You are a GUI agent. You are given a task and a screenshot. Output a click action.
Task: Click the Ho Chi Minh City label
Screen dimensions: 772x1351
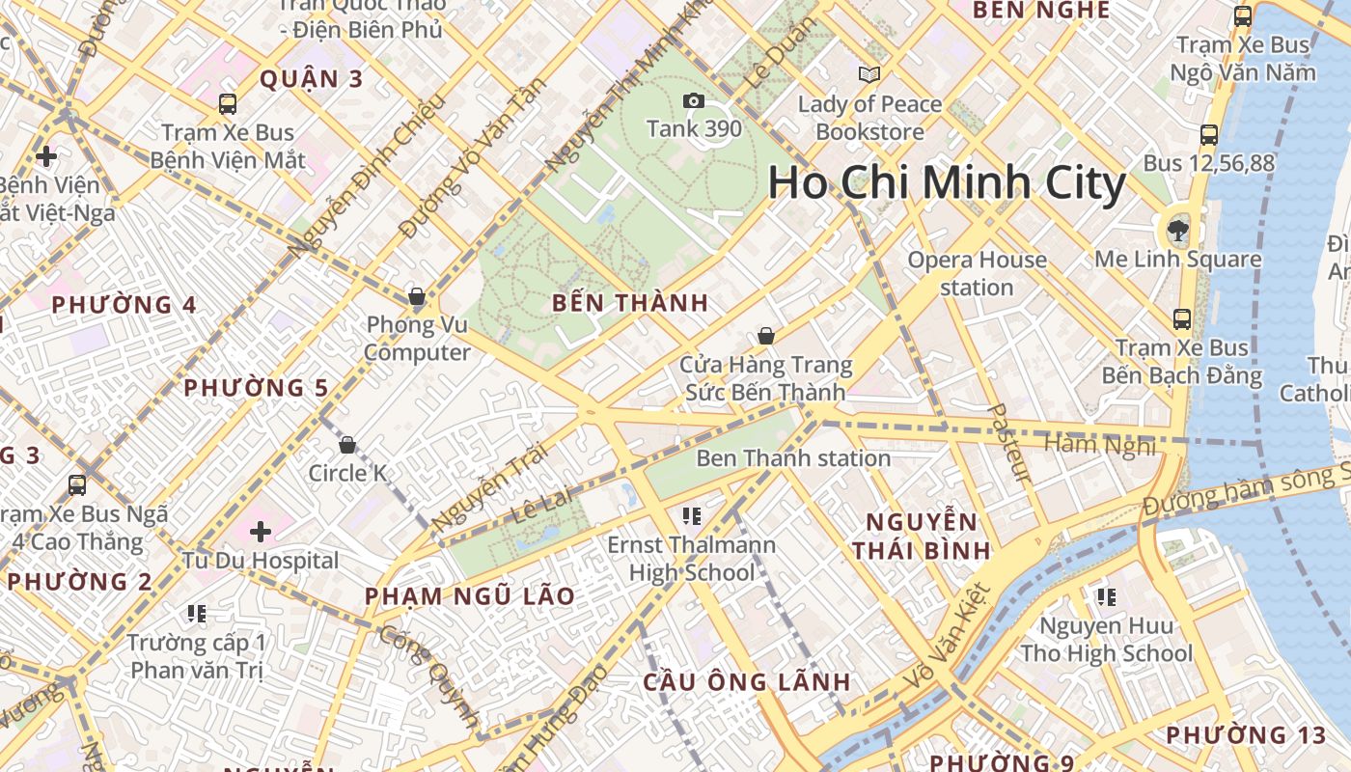(947, 183)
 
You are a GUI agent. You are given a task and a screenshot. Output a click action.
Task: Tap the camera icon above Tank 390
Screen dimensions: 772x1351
(693, 100)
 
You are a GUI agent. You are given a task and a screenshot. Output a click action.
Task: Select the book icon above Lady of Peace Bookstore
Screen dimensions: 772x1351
(869, 74)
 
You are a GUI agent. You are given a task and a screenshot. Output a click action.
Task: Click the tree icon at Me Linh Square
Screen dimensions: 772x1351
(1177, 230)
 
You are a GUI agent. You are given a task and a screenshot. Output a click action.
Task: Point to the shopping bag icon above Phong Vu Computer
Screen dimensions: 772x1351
(417, 295)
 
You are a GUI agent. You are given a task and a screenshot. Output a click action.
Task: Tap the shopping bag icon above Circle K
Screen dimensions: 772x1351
(347, 445)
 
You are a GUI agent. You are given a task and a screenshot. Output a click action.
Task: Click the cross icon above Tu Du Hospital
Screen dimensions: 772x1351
(261, 531)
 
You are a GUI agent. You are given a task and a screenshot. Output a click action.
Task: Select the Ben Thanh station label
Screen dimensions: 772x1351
(792, 458)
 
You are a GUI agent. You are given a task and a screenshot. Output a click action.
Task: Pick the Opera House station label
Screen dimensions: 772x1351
(977, 273)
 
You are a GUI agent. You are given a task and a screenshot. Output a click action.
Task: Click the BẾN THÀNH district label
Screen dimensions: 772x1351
(630, 303)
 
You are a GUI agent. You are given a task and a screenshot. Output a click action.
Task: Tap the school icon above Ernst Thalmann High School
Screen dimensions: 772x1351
(691, 516)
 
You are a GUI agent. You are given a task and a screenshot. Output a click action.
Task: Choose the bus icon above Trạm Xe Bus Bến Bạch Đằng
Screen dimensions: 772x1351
(1182, 319)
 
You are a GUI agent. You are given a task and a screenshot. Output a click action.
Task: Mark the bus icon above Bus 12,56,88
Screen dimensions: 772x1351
(1209, 135)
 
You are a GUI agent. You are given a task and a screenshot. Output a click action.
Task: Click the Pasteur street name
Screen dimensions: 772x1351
(1008, 443)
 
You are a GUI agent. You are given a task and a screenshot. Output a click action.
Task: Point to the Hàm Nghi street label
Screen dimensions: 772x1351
(1099, 445)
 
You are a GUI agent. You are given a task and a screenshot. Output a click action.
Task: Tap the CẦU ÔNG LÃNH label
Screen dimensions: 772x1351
(747, 682)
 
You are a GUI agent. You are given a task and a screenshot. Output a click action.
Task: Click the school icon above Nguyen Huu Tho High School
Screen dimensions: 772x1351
(1106, 597)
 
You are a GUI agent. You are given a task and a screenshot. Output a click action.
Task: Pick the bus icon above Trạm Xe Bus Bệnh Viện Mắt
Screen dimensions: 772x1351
(228, 104)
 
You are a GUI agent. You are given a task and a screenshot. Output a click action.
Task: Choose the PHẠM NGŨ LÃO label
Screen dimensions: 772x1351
(469, 596)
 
